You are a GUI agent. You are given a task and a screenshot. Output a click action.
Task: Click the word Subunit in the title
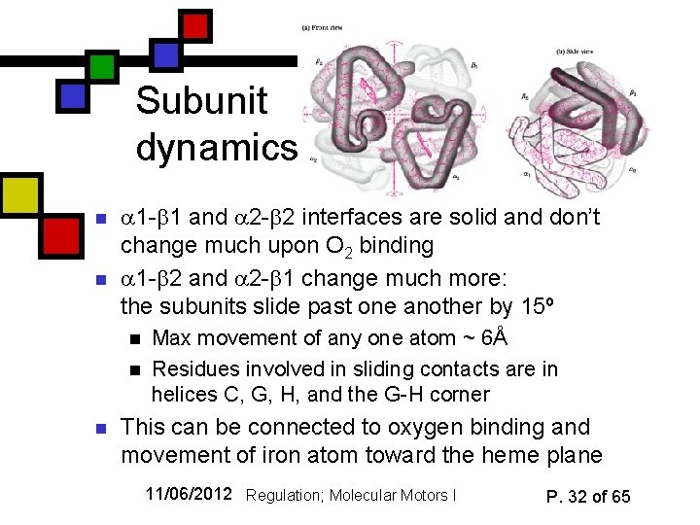coord(197,101)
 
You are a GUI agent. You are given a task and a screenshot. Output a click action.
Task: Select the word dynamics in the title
coord(217,148)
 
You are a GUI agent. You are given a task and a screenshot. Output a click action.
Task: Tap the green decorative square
coord(102,65)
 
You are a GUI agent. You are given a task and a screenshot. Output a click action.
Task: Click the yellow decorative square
coord(20,195)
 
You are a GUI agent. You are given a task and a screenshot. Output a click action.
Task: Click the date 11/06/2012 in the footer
coord(190,494)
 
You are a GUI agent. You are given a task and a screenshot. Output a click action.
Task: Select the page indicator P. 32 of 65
coord(588,496)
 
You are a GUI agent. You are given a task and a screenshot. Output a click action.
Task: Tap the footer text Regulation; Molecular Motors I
coord(350,496)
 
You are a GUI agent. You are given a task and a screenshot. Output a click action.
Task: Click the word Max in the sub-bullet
coord(172,338)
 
